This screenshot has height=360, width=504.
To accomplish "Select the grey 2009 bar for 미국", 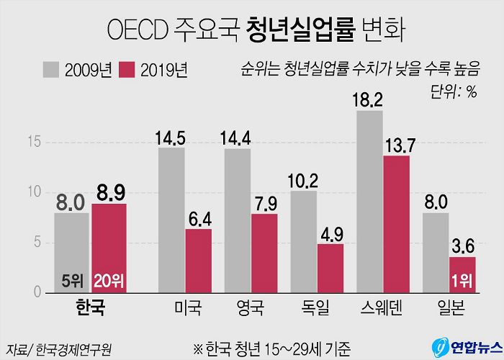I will tap(171, 220).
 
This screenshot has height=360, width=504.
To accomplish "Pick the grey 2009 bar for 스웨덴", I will tap(369, 202).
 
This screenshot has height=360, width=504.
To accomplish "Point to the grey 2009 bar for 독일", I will tap(304, 241).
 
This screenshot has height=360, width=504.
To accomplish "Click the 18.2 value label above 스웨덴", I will tap(368, 99).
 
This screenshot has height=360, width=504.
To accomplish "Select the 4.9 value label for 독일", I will tap(330, 233).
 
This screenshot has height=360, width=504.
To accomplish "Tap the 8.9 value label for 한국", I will tap(109, 192).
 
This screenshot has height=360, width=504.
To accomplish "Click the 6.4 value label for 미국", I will tap(198, 217).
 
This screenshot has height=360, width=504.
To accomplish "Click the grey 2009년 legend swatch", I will tap(52, 70).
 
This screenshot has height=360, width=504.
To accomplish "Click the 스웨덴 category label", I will tap(382, 309).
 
